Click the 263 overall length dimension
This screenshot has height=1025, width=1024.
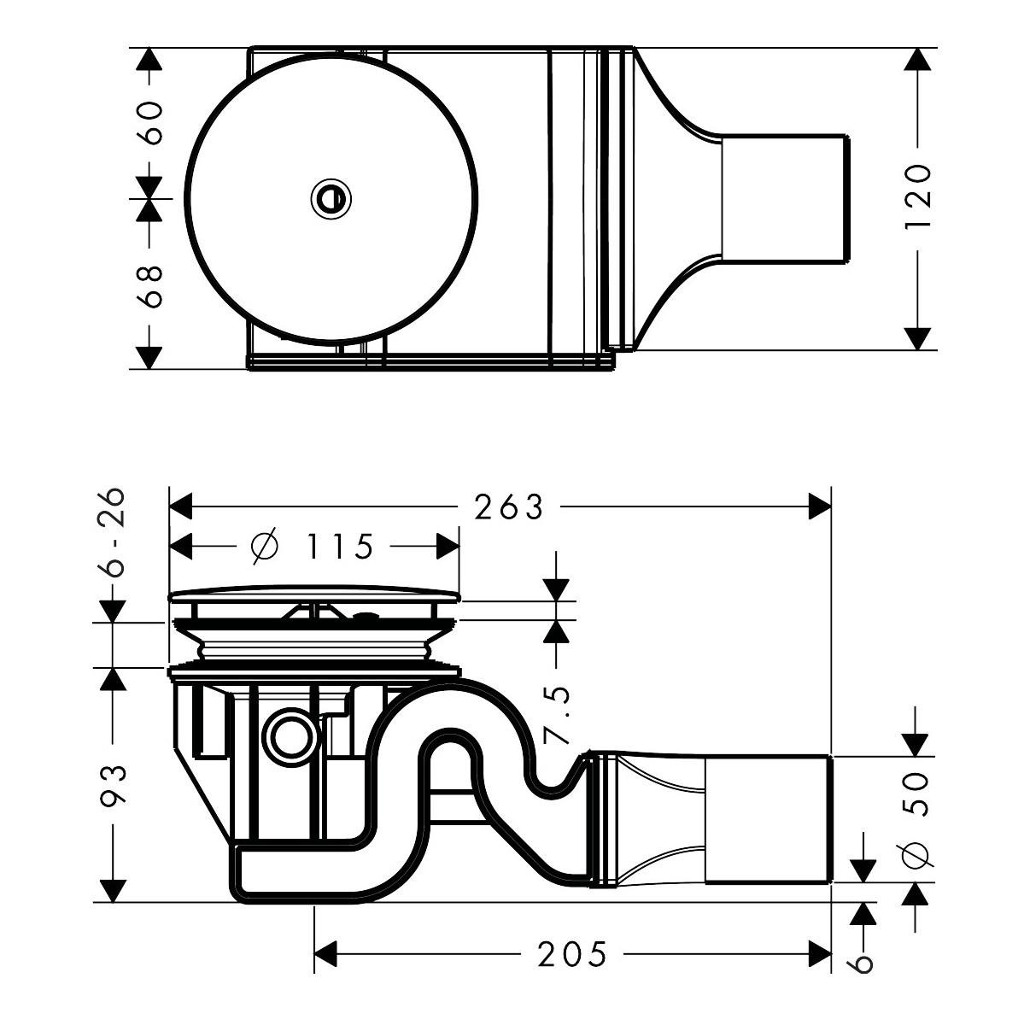click(x=509, y=507)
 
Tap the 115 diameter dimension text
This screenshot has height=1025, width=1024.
click(x=340, y=546)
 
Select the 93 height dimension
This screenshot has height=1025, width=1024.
click(x=114, y=784)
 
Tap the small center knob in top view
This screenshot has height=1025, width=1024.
click(x=331, y=199)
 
